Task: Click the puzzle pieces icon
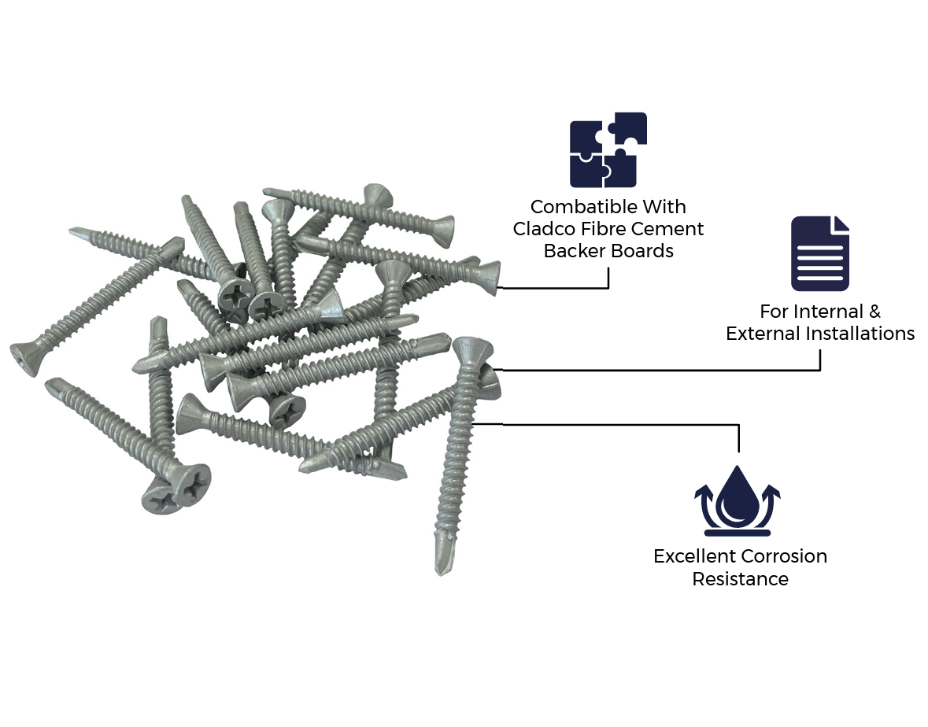[x=608, y=149]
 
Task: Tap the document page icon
[x=819, y=253]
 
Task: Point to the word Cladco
[x=541, y=229]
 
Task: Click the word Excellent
[x=694, y=556]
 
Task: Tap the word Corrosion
[x=784, y=556]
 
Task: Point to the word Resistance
[x=741, y=578]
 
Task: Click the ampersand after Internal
[x=874, y=311]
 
